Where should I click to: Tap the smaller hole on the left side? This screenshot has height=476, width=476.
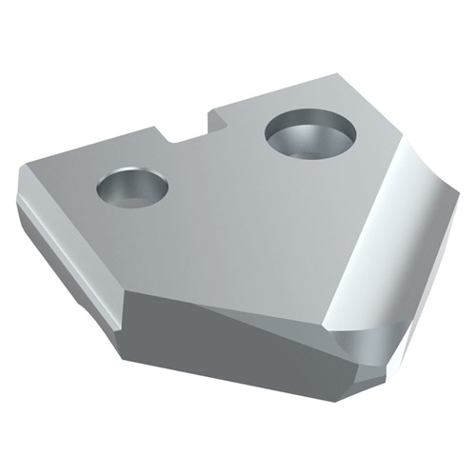pos(132,187)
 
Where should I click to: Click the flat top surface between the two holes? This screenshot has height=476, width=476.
pos(219,181)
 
